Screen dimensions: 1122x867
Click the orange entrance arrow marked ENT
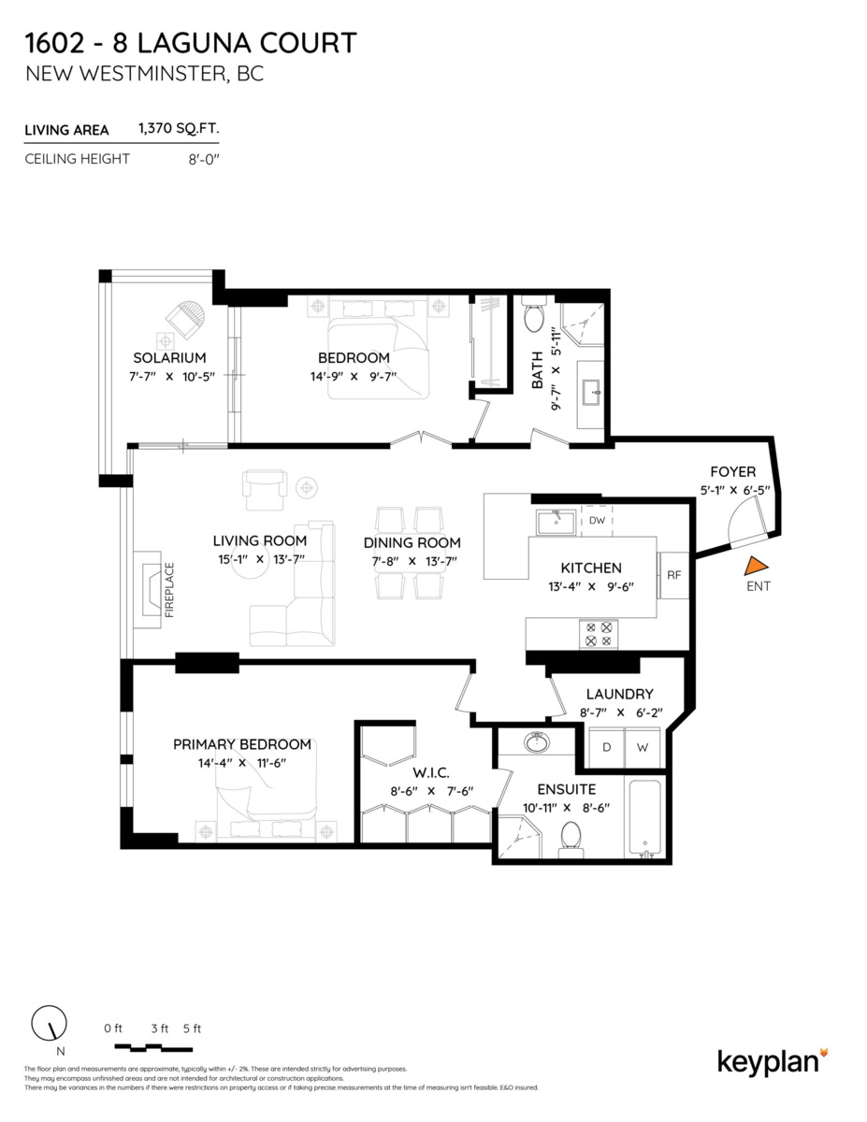pyautogui.click(x=757, y=566)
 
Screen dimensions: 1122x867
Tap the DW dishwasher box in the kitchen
pyautogui.click(x=596, y=520)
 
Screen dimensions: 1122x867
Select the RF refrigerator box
pyautogui.click(x=673, y=575)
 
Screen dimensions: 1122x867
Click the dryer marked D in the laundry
pyautogui.click(x=606, y=747)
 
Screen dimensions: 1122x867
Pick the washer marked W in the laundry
pyautogui.click(x=643, y=747)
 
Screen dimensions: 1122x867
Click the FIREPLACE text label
pyautogui.click(x=170, y=590)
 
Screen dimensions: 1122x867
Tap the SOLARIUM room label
pyautogui.click(x=169, y=358)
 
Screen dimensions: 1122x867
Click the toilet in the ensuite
pyautogui.click(x=570, y=838)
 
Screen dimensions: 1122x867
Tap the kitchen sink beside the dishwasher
pyautogui.click(x=556, y=520)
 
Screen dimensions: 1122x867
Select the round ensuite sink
pyautogui.click(x=537, y=743)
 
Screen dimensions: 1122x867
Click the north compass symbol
pyautogui.click(x=45, y=1026)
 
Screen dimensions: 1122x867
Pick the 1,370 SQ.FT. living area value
pyautogui.click(x=179, y=129)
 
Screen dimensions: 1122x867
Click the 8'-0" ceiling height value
pyautogui.click(x=203, y=159)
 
